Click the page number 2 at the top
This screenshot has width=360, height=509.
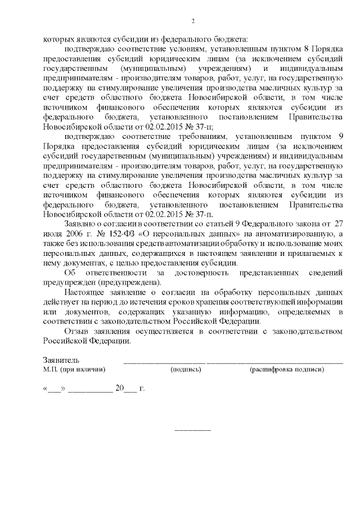coord(192,22)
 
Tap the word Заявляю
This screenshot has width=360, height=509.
coord(82,223)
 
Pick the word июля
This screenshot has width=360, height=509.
coord(51,233)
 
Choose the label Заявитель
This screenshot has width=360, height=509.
coord(61,360)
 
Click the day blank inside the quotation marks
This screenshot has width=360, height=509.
coord(54,389)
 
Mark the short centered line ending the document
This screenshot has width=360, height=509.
coord(193,430)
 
